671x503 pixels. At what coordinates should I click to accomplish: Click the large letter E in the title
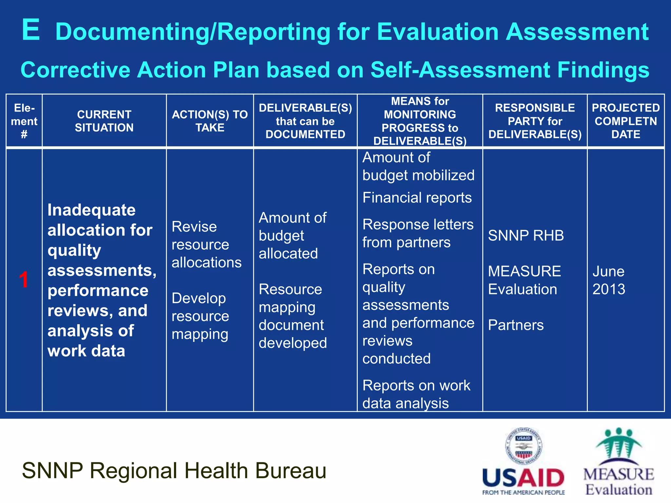click(x=31, y=30)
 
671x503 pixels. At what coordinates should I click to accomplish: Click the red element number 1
click(x=24, y=280)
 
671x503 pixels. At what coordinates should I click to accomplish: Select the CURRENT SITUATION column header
click(x=104, y=121)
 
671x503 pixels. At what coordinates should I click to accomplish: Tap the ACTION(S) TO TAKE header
click(x=210, y=121)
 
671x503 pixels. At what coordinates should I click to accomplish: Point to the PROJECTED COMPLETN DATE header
click(x=625, y=121)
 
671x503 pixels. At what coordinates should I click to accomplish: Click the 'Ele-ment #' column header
click(x=24, y=121)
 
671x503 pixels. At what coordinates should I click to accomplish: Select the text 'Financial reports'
click(x=417, y=198)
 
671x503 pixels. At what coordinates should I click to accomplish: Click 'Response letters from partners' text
click(x=418, y=233)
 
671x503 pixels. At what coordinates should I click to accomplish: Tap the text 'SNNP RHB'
click(x=526, y=235)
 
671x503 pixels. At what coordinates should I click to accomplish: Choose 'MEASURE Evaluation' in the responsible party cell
click(x=524, y=280)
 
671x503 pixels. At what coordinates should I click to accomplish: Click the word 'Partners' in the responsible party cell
click(x=516, y=325)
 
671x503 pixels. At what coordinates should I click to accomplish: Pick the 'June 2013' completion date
click(x=609, y=280)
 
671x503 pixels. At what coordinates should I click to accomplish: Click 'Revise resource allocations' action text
click(x=206, y=245)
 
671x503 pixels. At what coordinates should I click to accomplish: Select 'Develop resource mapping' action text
click(x=200, y=316)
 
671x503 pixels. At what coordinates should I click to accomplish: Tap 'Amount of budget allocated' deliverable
click(x=292, y=236)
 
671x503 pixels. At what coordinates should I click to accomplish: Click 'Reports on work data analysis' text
click(x=416, y=394)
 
